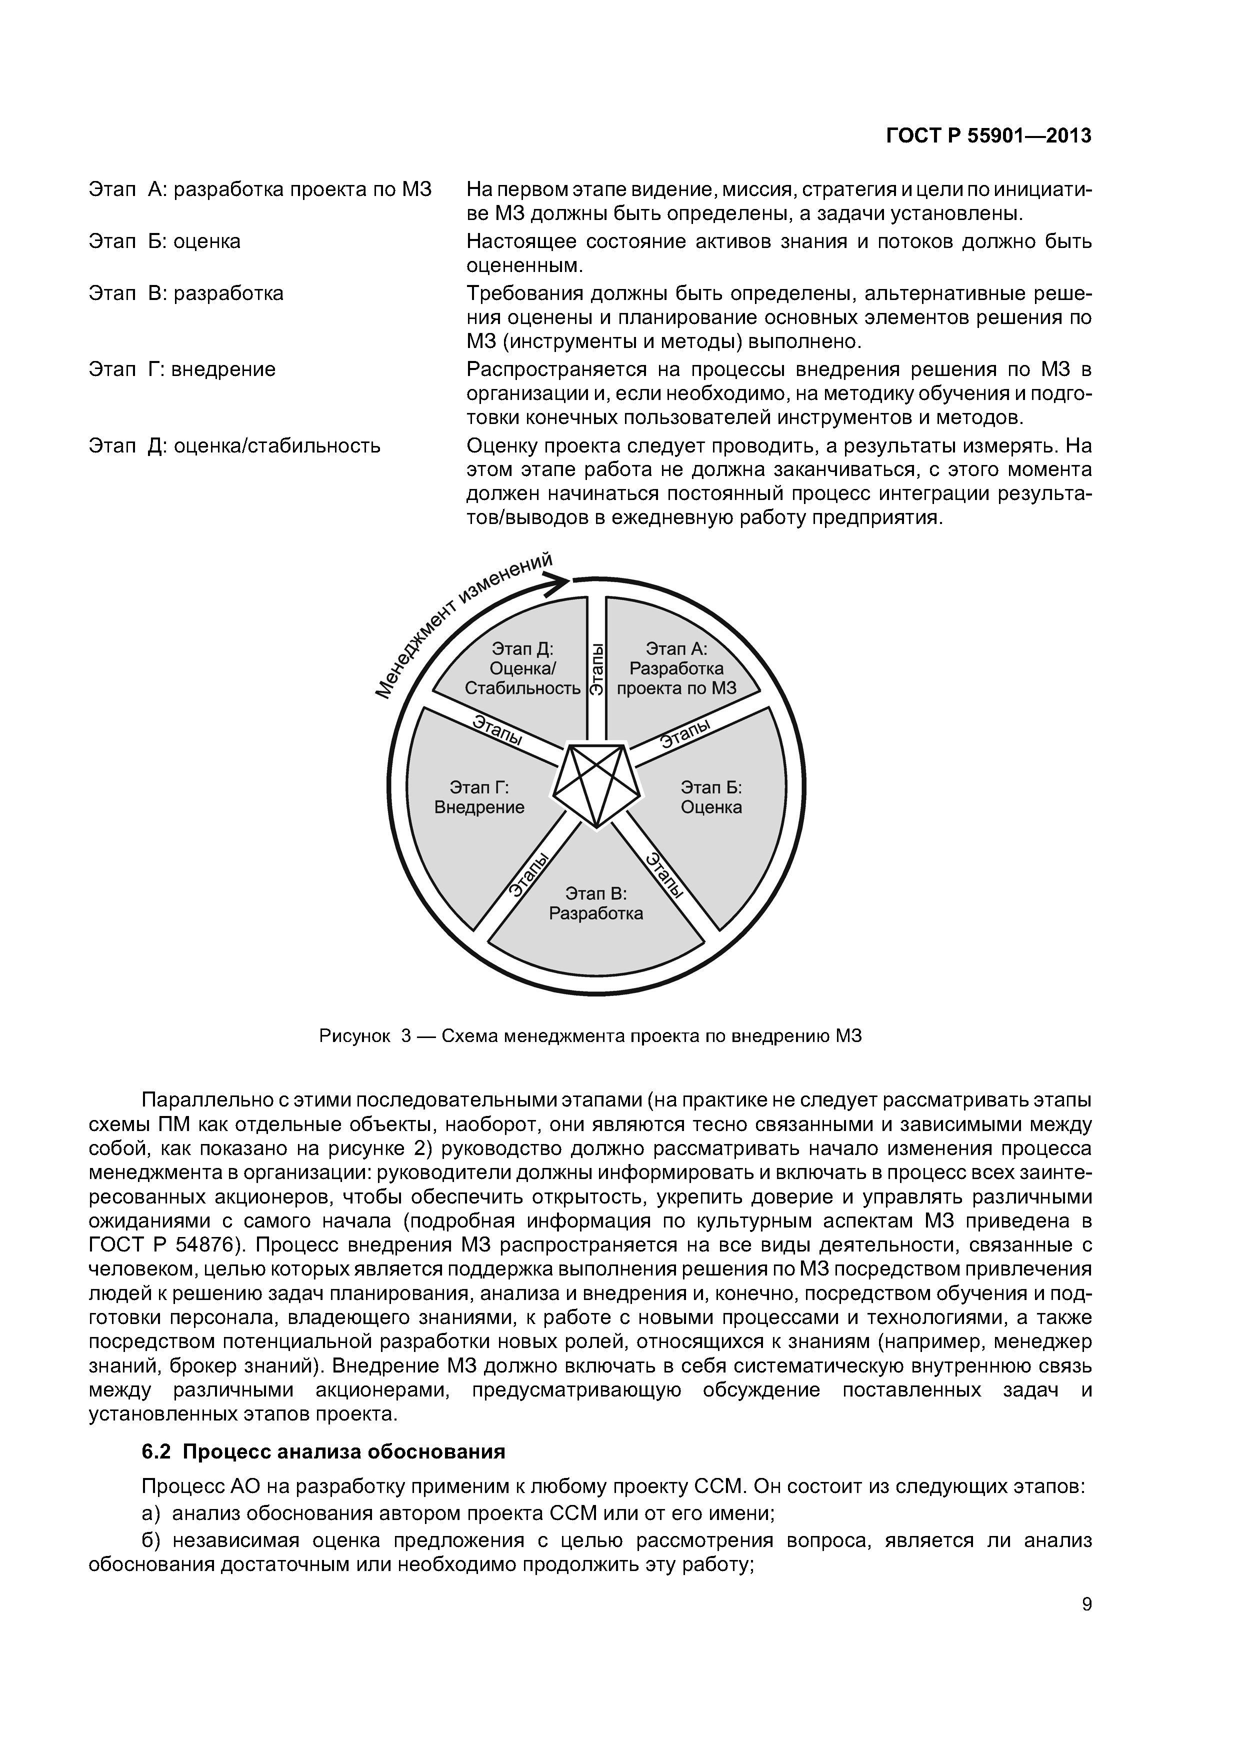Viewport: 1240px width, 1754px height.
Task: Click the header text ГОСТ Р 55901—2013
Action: pos(988,136)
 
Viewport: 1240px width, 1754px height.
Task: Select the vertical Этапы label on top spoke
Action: pos(596,668)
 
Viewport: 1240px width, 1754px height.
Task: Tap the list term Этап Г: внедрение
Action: pos(182,369)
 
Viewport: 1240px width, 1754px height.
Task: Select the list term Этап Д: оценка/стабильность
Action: pos(234,445)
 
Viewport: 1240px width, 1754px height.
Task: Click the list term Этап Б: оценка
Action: pos(164,241)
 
